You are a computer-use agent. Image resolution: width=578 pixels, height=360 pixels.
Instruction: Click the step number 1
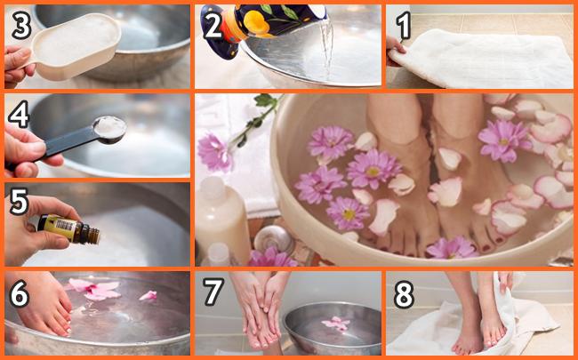[404, 24]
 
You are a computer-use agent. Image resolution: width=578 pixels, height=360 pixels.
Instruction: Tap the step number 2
[213, 25]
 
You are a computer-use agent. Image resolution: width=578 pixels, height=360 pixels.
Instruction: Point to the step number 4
[19, 114]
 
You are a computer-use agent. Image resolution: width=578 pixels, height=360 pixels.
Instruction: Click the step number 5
[20, 202]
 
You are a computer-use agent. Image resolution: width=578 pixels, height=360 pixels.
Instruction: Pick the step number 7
[213, 292]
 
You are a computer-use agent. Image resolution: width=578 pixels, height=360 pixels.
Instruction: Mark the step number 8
[405, 295]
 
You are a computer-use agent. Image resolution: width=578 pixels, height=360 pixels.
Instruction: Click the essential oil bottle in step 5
[69, 229]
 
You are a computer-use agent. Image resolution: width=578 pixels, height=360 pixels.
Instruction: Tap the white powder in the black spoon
[110, 127]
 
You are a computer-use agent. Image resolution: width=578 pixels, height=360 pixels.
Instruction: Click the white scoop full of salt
[76, 46]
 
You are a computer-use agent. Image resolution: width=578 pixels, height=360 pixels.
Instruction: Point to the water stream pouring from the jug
[326, 48]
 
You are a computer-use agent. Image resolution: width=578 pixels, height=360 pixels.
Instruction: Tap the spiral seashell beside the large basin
[274, 239]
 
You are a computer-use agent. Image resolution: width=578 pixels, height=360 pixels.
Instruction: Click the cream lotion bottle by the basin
[222, 218]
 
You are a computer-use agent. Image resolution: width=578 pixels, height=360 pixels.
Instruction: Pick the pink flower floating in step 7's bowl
[336, 324]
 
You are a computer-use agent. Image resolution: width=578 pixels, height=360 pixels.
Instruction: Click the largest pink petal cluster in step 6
[95, 289]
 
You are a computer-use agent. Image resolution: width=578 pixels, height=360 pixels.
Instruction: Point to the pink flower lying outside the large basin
[215, 152]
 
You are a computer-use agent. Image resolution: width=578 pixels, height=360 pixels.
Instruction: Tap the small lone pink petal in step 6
[149, 295]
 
